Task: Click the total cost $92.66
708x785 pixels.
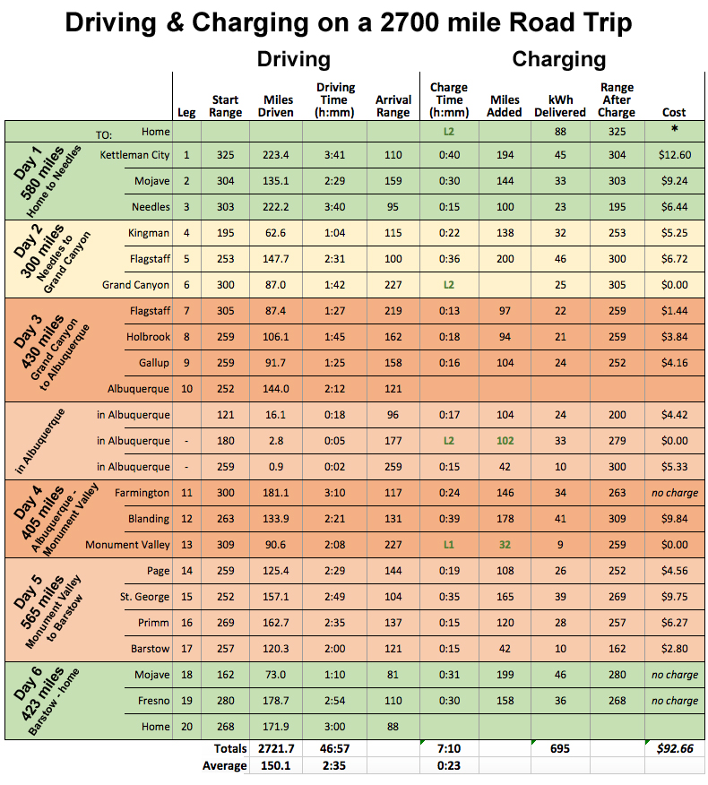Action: pos(674,748)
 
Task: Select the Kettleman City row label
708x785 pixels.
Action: pos(134,155)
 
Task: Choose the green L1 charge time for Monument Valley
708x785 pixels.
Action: pos(448,545)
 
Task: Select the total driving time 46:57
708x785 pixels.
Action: pos(336,748)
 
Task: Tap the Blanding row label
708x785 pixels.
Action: pos(149,519)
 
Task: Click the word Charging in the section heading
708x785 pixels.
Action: pos(558,60)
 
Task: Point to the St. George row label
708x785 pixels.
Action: pos(144,597)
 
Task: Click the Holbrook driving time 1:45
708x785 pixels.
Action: pos(336,337)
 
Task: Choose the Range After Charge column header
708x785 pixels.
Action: pos(617,99)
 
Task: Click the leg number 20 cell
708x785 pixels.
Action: pos(186,727)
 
